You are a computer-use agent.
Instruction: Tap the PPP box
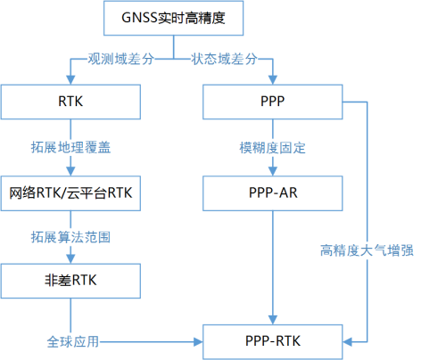(273, 102)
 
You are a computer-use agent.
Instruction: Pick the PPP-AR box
(273, 192)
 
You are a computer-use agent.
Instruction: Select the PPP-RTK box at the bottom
(273, 340)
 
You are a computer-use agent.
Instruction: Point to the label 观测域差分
(120, 60)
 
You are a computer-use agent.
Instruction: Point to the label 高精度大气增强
(367, 251)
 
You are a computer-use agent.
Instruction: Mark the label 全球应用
(72, 340)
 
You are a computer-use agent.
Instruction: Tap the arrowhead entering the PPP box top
(273, 81)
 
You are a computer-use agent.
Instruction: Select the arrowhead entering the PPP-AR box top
(273, 170)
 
